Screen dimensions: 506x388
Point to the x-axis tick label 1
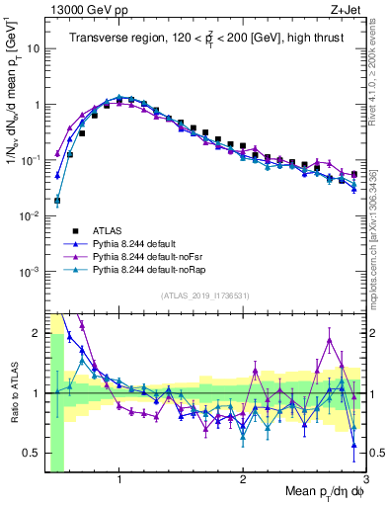[119, 478]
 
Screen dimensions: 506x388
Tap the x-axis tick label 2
[243, 478]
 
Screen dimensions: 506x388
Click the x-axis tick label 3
[365, 478]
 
